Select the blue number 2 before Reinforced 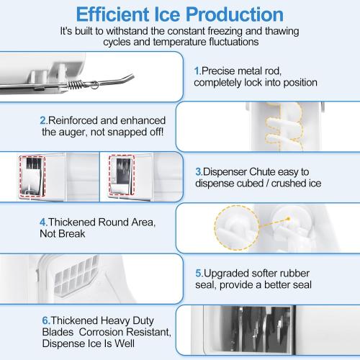coord(43,120)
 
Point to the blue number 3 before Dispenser coord(198,172)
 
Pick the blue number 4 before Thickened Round coord(43,222)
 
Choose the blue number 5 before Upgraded coord(198,274)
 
